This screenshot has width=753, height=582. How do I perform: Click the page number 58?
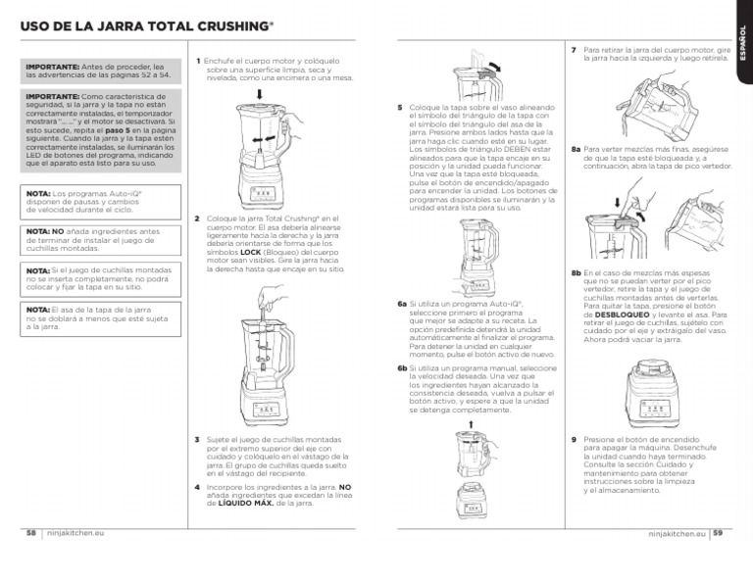(x=31, y=534)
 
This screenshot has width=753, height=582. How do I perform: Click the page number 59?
(x=718, y=534)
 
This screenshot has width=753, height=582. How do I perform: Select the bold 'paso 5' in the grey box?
(x=116, y=129)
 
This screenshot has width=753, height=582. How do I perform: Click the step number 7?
(x=574, y=48)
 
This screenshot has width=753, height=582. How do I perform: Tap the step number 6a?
(x=402, y=304)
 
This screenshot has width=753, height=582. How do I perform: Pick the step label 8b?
(x=576, y=271)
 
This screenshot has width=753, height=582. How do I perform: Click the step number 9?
(x=574, y=440)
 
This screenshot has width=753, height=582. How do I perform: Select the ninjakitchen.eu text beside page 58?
(x=77, y=534)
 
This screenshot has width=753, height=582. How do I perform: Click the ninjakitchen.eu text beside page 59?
(x=677, y=534)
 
